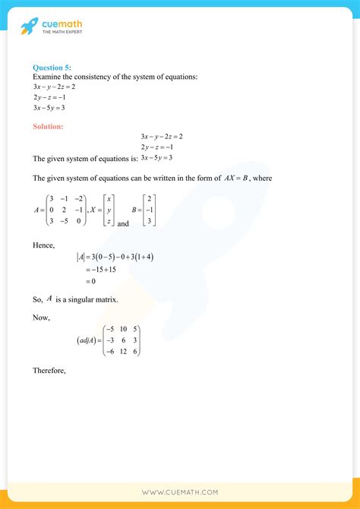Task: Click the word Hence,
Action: (44, 246)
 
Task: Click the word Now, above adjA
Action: (42, 318)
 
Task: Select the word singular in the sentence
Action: (78, 300)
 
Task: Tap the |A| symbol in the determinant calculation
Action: (81, 257)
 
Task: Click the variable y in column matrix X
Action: (109, 210)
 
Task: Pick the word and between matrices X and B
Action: (124, 223)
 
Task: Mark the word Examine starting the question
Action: (48, 76)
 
